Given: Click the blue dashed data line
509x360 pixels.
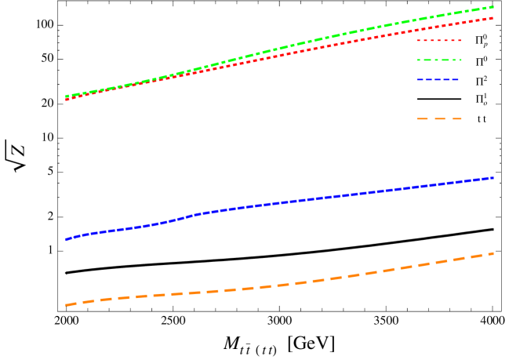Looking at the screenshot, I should pos(274,202).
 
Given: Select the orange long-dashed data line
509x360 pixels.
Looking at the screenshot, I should pos(274,285).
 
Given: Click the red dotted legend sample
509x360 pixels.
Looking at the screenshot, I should pos(438,40).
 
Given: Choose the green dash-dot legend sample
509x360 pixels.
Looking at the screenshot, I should pos(438,60).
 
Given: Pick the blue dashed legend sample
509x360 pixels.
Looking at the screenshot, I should pos(438,80).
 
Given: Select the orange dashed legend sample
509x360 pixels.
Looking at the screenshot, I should pos(438,119).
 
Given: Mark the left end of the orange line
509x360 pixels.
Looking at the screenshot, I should pos(66,304).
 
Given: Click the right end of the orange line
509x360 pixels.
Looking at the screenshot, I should pos(493,253).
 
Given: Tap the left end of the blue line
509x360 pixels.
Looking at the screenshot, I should pos(66,239).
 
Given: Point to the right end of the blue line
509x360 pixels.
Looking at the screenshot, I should pos(493,178).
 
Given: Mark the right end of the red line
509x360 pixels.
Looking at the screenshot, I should pos(493,17).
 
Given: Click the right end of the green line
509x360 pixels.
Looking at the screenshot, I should pos(493,7).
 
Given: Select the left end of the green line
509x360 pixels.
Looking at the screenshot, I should pos(66,96).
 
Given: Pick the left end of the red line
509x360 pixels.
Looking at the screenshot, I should pos(66,100).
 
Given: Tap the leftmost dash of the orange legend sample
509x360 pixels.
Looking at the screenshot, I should pos(422,119).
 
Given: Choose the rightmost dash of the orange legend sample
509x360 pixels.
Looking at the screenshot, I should pos(456,119).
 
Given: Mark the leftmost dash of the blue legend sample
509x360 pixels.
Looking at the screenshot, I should pos(420,80).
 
